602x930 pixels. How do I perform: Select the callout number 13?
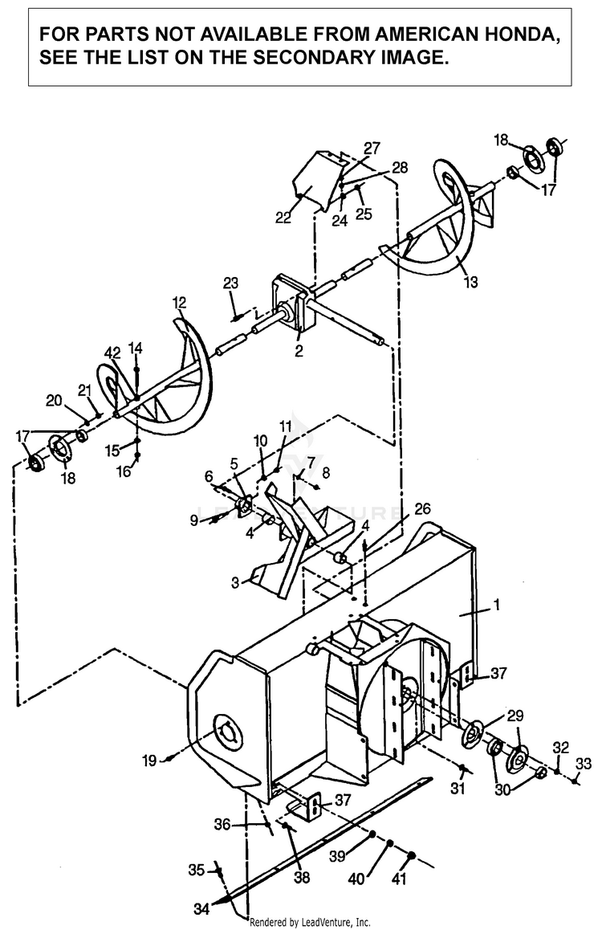470,282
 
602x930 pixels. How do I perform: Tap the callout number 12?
179,303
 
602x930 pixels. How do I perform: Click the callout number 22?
283,218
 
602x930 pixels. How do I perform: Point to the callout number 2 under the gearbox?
299,351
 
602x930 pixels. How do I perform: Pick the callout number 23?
230,283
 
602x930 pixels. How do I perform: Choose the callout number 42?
112,353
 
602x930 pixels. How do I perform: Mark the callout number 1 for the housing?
497,605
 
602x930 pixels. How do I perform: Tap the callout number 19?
149,760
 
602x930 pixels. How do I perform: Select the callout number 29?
515,716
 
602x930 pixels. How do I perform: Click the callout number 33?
583,763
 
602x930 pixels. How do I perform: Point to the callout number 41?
400,878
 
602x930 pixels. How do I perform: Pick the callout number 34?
201,908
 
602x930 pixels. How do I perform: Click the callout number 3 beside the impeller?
235,583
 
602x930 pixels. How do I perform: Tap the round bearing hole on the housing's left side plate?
226,730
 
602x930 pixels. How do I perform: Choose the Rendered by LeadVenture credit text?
311,922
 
